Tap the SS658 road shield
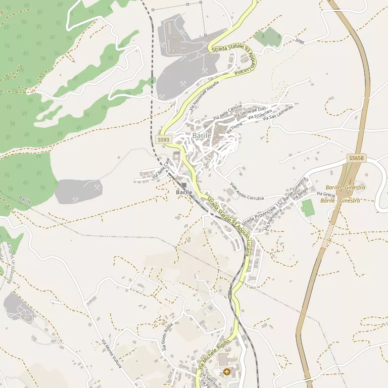356,158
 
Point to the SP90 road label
300,41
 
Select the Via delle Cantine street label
228,112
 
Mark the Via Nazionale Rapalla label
204,95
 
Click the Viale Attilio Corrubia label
247,191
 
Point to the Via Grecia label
326,194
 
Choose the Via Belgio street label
302,193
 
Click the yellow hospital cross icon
226,372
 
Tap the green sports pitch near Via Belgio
307,208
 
